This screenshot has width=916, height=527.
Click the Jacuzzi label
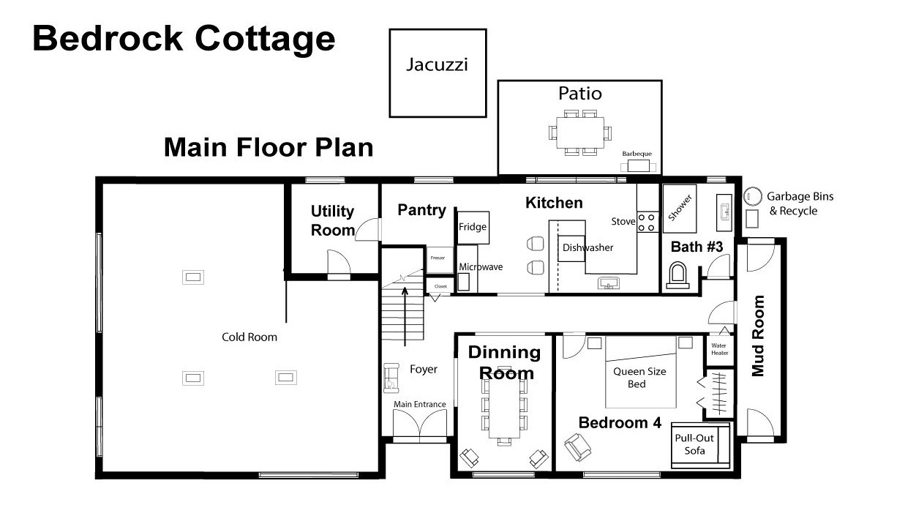coord(437,65)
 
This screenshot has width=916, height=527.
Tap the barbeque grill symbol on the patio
coord(638,166)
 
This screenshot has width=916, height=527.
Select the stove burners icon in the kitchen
coord(647,223)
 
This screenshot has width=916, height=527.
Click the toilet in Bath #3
coord(677,275)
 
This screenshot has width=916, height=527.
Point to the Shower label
coord(680,208)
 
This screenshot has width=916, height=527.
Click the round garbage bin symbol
coord(752,197)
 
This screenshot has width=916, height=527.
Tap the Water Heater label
coord(719,349)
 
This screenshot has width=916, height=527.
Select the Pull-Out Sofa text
coord(694,444)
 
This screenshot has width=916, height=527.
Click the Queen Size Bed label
coord(639,378)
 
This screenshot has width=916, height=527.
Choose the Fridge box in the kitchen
coord(473,228)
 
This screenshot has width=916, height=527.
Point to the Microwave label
coord(481,267)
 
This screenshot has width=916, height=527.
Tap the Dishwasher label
coord(587,247)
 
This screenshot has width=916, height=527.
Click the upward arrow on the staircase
coord(405,317)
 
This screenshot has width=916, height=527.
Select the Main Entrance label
coord(419,404)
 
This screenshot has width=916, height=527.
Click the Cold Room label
coord(249,337)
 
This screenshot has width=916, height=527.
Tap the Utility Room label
coord(332,221)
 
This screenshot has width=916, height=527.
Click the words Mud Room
coord(758,335)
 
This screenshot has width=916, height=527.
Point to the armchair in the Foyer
coord(391,378)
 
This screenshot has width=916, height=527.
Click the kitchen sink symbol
coord(609,283)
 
